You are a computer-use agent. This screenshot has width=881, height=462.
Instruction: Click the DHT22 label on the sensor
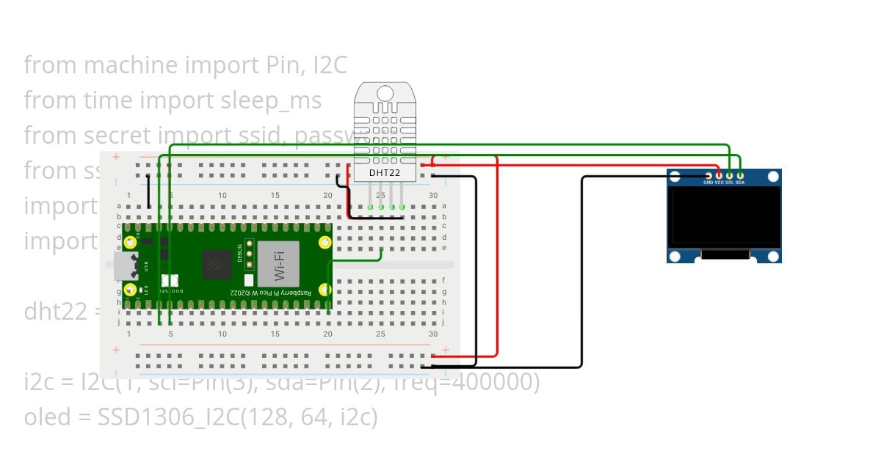point(384,173)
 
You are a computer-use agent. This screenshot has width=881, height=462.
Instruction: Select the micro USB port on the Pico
point(124,266)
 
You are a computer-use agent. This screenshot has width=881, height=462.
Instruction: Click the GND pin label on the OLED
point(708,182)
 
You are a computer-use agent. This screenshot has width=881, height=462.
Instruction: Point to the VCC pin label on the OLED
point(719,182)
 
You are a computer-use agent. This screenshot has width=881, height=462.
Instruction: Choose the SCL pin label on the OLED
point(729,182)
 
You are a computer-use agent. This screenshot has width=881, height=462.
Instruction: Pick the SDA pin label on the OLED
point(740,182)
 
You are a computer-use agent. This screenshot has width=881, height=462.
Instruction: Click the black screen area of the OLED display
point(724,216)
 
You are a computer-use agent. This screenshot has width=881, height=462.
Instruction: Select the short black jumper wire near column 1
point(149,192)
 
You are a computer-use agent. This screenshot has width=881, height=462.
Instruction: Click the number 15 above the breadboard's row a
point(275,195)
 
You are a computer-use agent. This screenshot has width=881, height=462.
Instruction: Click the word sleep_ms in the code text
point(271,100)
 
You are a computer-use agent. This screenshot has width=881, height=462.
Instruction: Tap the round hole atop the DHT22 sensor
point(385,93)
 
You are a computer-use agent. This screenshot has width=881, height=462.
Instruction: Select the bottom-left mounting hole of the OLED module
point(675,255)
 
